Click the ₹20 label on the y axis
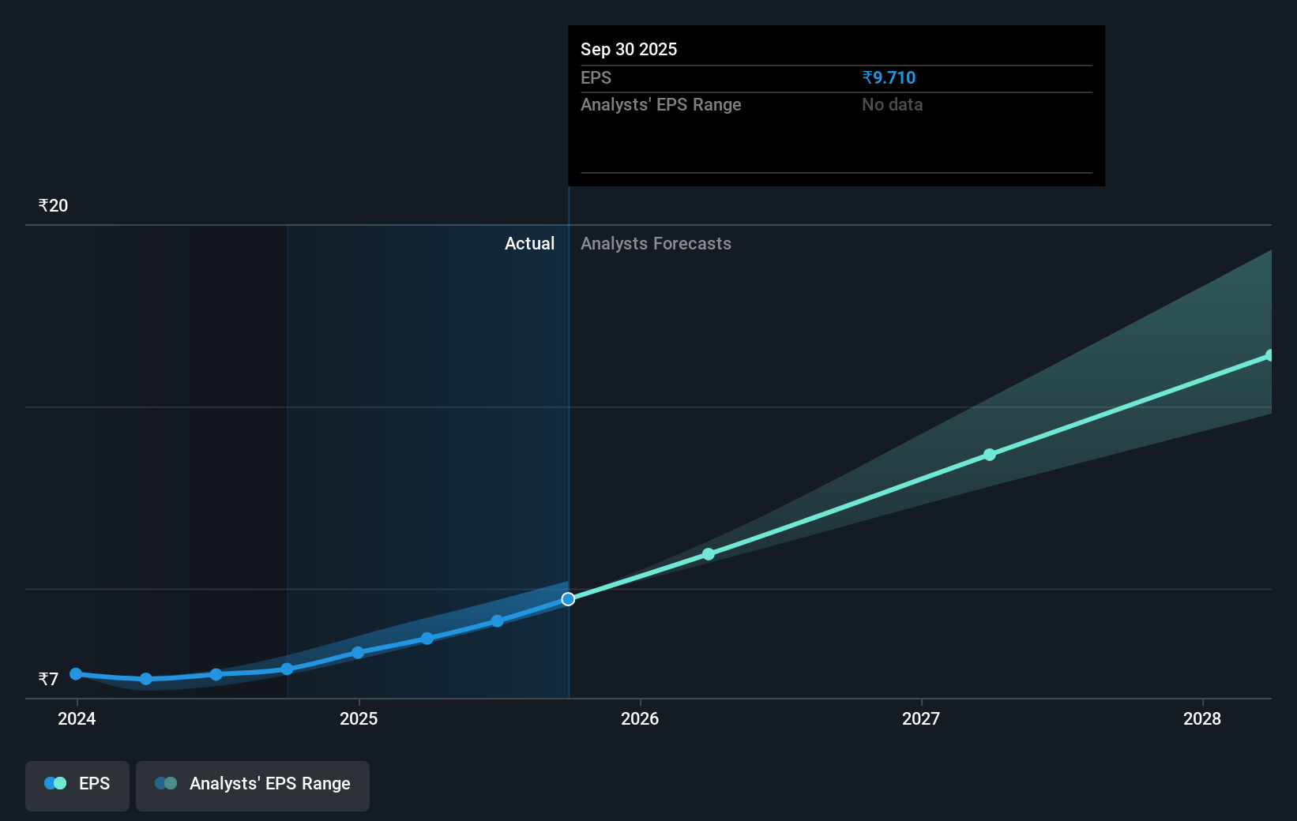(x=53, y=206)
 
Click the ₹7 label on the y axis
(x=48, y=680)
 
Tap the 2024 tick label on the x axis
(x=77, y=718)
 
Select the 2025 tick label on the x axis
(x=359, y=718)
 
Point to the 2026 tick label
(x=640, y=718)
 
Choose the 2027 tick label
(x=921, y=718)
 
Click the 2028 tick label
(x=1202, y=718)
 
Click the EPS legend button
(x=77, y=784)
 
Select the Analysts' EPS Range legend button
(x=253, y=784)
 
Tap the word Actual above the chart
(x=529, y=244)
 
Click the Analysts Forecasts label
(x=656, y=244)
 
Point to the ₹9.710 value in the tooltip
(x=889, y=78)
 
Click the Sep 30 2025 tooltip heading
(x=629, y=50)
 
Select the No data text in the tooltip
(x=892, y=105)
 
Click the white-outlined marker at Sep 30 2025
(x=568, y=599)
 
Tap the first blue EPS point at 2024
(x=76, y=674)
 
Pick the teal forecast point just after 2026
(x=709, y=554)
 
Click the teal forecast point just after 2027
(x=990, y=455)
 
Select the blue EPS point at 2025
(x=358, y=653)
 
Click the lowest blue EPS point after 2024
(x=146, y=679)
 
